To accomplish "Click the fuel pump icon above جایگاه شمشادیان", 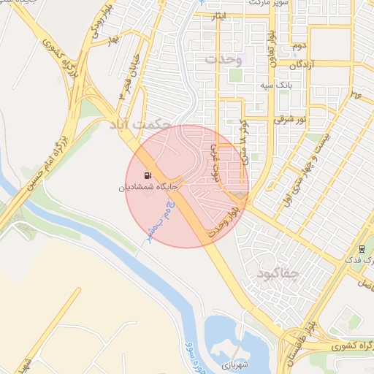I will [148, 175].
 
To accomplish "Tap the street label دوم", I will [298, 46].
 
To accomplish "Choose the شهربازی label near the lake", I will [234, 362].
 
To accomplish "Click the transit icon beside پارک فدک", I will [362, 249].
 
